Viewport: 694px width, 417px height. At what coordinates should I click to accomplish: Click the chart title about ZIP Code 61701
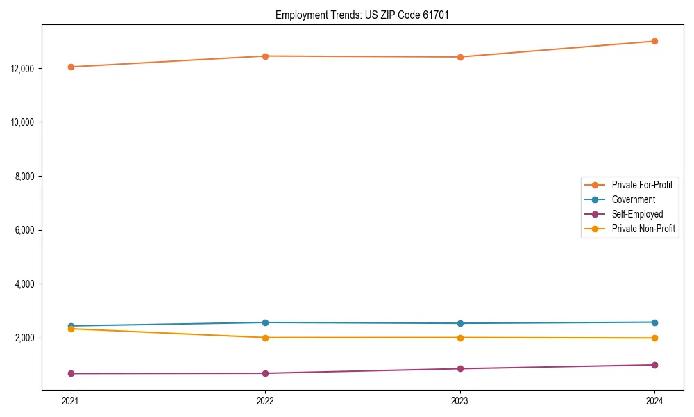click(362, 15)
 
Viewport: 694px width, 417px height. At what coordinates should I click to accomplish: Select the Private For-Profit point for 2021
click(71, 67)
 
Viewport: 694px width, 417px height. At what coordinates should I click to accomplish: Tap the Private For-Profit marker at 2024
click(654, 41)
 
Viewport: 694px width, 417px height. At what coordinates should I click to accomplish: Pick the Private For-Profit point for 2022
click(265, 56)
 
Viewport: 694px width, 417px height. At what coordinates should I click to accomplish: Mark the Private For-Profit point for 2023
click(460, 57)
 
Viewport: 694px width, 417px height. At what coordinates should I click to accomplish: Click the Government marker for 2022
click(265, 322)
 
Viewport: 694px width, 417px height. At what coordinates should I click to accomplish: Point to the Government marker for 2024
click(654, 322)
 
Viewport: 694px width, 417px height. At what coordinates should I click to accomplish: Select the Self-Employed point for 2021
click(71, 373)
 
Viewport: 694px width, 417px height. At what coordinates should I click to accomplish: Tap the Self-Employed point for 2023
click(460, 368)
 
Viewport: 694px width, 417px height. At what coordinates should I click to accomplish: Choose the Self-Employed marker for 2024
click(654, 365)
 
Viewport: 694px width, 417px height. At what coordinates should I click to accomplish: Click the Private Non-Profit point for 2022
click(265, 338)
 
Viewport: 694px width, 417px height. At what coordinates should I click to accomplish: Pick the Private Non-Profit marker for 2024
click(654, 338)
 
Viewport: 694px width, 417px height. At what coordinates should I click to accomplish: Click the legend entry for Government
click(633, 199)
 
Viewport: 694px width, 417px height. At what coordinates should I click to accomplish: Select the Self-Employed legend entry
click(637, 214)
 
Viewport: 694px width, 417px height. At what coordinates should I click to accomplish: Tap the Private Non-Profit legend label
click(643, 229)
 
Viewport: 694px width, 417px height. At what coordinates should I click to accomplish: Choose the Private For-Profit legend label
click(642, 185)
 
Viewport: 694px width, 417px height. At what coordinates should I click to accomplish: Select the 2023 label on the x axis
click(460, 401)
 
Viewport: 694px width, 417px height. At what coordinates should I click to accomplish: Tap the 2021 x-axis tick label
click(71, 401)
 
